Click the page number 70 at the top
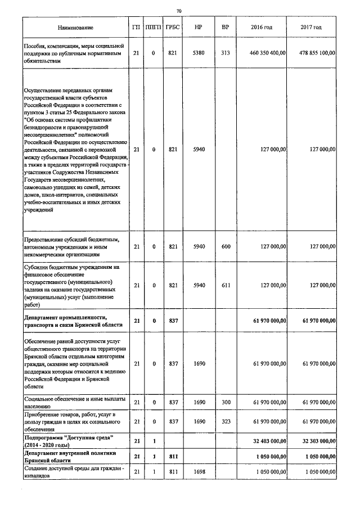pyautogui.click(x=179, y=11)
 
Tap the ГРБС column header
pyautogui.click(x=172, y=28)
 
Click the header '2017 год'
pyautogui.click(x=311, y=28)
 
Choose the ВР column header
pyautogui.click(x=226, y=28)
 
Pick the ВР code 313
pyautogui.click(x=226, y=53)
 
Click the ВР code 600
pyautogui.click(x=226, y=246)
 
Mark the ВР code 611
pyautogui.click(x=226, y=285)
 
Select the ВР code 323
pyautogui.click(x=226, y=421)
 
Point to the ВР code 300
pyautogui.click(x=226, y=402)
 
